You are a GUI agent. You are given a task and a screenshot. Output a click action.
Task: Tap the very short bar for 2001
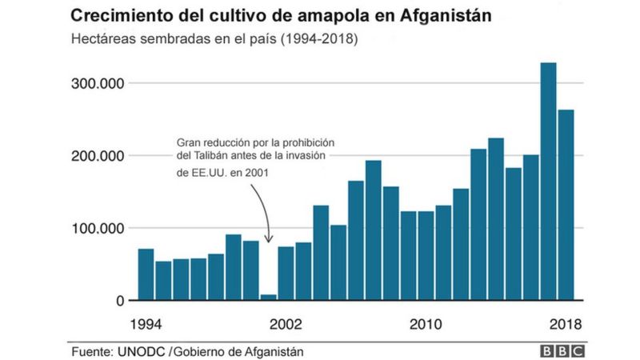pos(268,298)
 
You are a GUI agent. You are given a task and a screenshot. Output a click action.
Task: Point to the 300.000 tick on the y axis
pos(95,83)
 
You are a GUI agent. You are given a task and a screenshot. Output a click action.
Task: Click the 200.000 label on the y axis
pos(95,156)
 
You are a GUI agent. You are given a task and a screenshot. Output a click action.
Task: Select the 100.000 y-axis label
pos(95,228)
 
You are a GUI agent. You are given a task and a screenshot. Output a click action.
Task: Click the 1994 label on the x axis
pos(146,325)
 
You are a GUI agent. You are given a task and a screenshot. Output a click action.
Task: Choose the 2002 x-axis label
pos(285,325)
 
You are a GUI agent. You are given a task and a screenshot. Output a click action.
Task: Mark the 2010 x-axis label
pos(425,325)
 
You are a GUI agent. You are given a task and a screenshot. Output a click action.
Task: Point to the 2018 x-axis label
pos(564,325)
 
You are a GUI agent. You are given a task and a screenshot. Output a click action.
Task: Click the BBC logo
pos(563,351)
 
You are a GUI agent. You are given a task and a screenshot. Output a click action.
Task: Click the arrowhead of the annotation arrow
pos(269,239)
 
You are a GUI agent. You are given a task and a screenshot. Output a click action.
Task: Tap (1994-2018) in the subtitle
pos(317,38)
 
